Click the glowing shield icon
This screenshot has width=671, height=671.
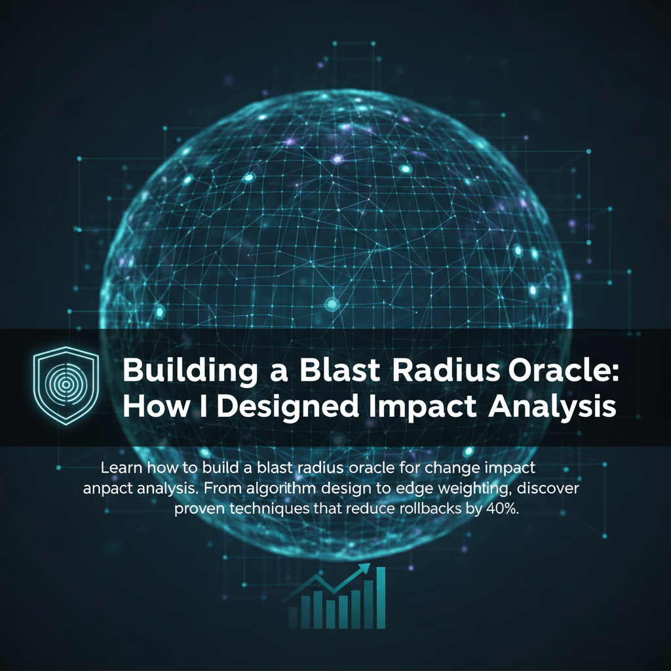(x=66, y=385)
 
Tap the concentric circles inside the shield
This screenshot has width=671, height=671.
(x=66, y=384)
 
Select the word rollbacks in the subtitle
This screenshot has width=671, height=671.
(x=434, y=508)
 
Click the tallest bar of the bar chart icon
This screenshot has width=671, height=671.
(x=381, y=598)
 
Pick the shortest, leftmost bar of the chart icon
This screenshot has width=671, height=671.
(x=293, y=617)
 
